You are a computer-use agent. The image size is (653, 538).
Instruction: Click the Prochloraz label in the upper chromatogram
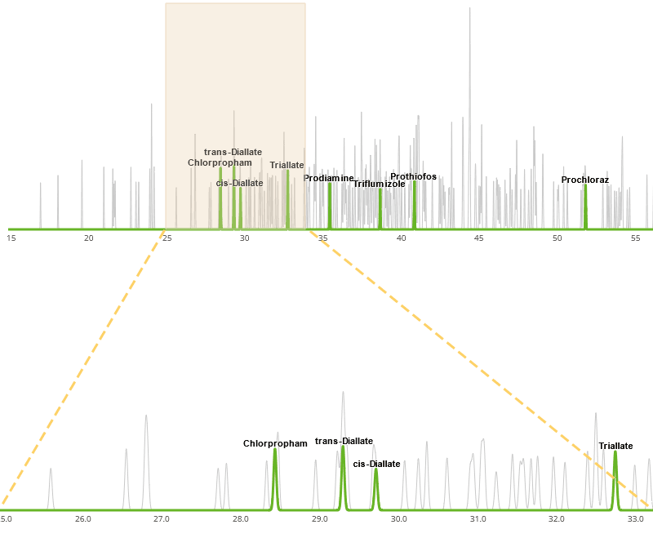584,180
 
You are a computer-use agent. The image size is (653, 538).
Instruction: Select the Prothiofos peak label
413,176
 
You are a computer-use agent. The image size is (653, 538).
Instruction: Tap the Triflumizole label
379,185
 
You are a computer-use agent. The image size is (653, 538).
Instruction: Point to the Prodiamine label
329,178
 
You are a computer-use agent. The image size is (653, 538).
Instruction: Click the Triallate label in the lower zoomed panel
615,446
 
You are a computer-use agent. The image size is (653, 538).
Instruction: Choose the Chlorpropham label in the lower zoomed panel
275,443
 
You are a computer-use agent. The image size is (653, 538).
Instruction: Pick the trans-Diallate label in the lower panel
344,441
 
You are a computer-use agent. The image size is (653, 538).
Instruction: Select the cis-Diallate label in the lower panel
376,464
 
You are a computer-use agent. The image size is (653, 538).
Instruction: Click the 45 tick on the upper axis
479,238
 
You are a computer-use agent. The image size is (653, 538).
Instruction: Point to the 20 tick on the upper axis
89,238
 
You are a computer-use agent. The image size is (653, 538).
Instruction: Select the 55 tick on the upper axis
635,238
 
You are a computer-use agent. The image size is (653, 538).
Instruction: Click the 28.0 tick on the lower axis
240,518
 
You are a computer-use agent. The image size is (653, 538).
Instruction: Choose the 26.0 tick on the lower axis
82,518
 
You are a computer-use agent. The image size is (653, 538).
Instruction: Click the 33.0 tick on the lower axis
636,518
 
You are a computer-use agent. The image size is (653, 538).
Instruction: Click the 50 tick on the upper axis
557,238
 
